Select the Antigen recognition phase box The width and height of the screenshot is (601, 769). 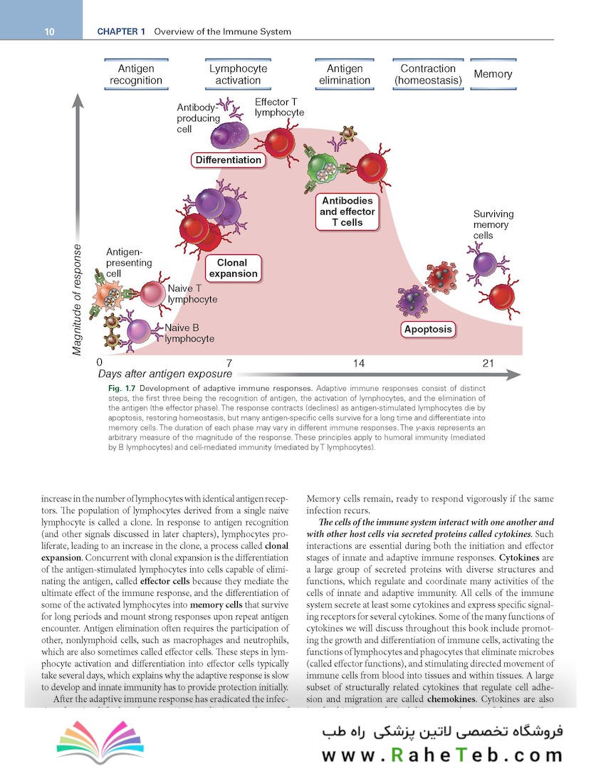point(136,75)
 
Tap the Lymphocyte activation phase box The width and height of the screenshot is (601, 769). point(238,75)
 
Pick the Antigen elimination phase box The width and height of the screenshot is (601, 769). point(345,75)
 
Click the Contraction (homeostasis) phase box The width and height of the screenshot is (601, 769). point(428,75)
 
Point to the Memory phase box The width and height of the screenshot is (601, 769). point(493,74)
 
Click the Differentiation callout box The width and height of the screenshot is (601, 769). point(228,160)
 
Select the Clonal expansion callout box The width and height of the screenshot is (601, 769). point(232,268)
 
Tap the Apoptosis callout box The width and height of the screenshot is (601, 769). point(428,329)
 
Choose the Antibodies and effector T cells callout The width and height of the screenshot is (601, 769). point(347,211)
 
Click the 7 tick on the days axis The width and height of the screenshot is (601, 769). point(229,363)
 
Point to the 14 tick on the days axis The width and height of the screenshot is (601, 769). point(359,363)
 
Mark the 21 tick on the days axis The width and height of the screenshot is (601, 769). point(488,363)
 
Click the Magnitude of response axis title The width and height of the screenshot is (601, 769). point(78,299)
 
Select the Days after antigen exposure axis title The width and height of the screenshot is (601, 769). point(164,374)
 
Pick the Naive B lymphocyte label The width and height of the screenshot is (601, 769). point(189,333)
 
